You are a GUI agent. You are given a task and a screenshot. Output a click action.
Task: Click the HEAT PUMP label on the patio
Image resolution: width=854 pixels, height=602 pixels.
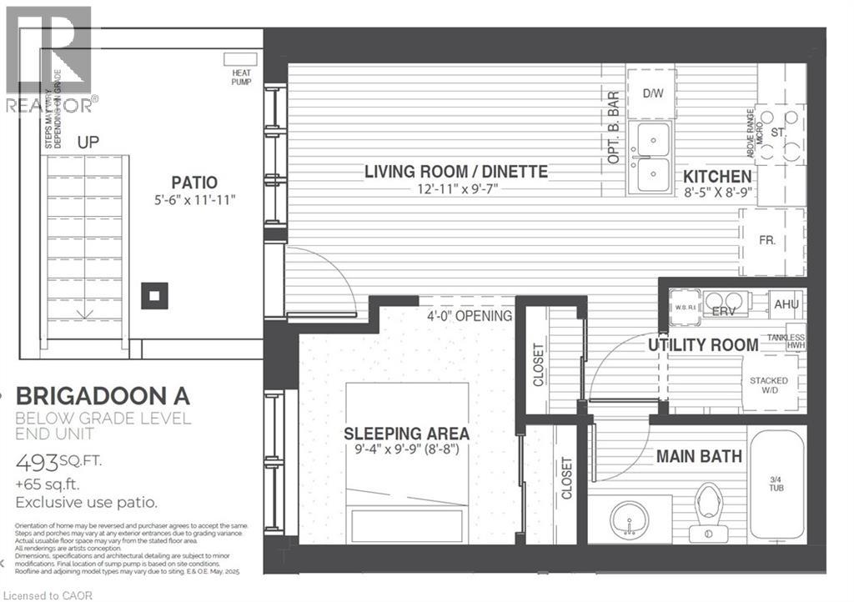coord(241,77)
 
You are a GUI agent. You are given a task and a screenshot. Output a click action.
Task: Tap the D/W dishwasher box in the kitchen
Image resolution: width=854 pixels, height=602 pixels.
coord(651,93)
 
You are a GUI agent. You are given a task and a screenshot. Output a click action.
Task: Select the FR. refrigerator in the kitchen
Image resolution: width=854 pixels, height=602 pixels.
coord(768,239)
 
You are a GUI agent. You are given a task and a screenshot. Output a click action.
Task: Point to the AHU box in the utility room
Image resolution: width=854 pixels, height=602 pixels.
coord(786,304)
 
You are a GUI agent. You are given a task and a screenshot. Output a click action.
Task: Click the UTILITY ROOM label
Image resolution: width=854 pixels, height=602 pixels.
coord(703,344)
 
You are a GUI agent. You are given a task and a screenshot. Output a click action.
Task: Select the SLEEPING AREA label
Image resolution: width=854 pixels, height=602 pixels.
coord(407,434)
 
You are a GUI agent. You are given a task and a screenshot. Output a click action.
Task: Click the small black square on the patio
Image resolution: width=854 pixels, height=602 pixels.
coord(154,295)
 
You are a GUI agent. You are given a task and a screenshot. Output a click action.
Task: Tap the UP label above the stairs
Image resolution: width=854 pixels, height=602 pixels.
coord(88,143)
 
